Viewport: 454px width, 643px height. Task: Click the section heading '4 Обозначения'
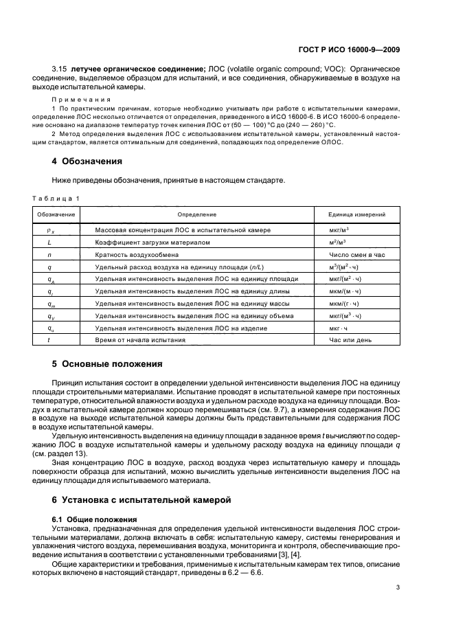pos(89,161)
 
